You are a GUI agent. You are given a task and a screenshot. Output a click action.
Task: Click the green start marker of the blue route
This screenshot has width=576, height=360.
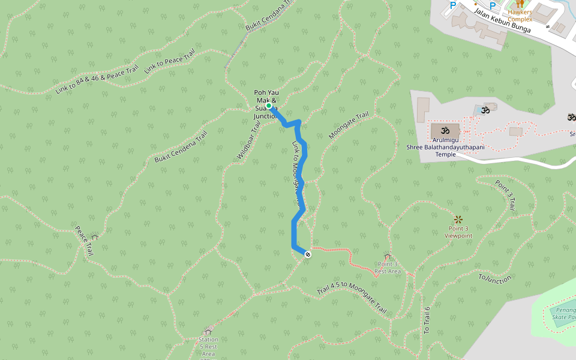tap(268, 106)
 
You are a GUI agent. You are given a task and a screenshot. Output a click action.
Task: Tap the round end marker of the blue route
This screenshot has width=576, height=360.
tap(308, 254)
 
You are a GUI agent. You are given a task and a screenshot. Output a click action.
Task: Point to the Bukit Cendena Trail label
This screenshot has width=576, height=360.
tap(181, 146)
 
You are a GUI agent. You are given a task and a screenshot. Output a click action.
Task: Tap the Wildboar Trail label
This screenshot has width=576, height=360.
tap(249, 139)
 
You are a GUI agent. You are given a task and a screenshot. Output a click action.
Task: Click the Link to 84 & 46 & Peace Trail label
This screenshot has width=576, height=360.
tap(97, 80)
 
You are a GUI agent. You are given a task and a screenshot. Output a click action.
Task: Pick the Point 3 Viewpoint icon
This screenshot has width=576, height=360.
tap(458, 220)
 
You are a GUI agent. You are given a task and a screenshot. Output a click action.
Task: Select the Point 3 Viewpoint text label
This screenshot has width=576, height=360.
tap(458, 232)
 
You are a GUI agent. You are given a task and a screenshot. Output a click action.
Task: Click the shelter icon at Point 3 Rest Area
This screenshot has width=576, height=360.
tap(388, 257)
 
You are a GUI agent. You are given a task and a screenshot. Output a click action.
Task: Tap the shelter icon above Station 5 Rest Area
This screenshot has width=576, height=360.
tap(208, 332)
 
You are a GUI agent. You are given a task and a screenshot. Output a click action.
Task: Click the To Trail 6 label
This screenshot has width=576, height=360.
tap(427, 320)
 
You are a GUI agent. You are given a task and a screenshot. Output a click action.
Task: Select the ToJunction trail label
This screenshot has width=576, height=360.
tap(495, 278)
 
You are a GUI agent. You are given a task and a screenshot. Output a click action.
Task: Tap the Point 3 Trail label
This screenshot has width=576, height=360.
tap(505, 194)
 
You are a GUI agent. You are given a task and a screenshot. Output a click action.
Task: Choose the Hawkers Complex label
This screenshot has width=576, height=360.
tap(520, 15)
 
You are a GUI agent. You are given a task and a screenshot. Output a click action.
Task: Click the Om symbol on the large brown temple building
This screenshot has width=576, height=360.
tap(445, 130)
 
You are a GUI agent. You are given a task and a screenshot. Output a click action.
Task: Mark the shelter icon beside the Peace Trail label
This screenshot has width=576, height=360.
tap(94, 238)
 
